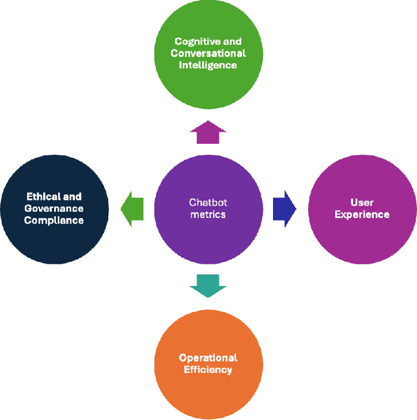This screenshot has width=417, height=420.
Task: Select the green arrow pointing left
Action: (x=132, y=208)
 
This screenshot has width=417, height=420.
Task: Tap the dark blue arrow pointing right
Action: (x=284, y=209)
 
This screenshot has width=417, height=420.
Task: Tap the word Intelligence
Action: (x=208, y=65)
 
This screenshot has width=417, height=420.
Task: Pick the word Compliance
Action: (x=54, y=220)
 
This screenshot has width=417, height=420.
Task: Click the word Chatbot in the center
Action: (x=208, y=203)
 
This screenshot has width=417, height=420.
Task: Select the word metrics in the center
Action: (x=208, y=214)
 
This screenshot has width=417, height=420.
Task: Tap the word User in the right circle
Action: (x=362, y=203)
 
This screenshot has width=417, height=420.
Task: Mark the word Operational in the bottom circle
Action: (x=208, y=357)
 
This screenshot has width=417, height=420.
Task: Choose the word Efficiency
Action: (x=208, y=369)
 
